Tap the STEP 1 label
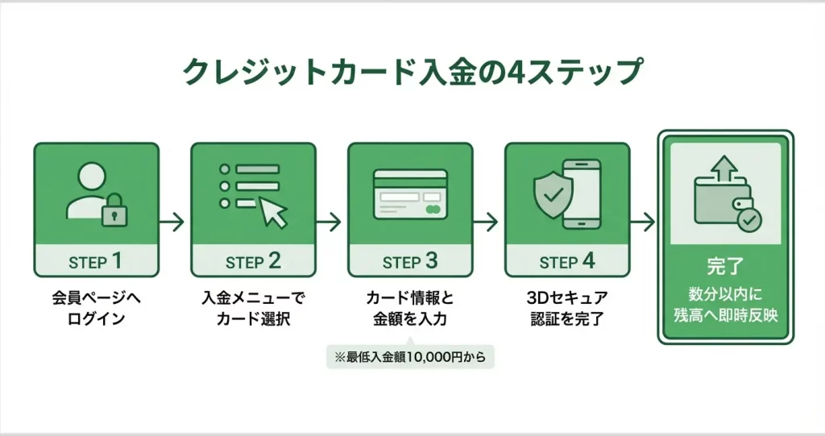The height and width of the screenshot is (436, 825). pyautogui.click(x=95, y=261)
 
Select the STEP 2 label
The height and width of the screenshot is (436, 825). pyautogui.click(x=253, y=261)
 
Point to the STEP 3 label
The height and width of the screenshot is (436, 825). pyautogui.click(x=410, y=261)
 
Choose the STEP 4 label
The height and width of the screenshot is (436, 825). pyautogui.click(x=567, y=261)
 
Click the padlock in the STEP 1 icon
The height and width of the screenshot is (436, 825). pyautogui.click(x=114, y=210)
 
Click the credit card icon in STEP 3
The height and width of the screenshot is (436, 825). pyautogui.click(x=410, y=193)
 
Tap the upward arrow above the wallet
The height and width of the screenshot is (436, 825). pyautogui.click(x=724, y=168)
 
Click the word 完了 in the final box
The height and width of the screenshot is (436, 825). pyautogui.click(x=725, y=267)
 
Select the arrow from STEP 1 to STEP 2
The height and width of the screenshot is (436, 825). pyautogui.click(x=172, y=222)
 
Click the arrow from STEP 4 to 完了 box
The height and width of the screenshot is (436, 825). pyautogui.click(x=642, y=222)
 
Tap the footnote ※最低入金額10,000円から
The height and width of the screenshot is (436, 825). pyautogui.click(x=410, y=357)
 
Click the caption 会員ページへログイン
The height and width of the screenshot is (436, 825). pyautogui.click(x=97, y=309)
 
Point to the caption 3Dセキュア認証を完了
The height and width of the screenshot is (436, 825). pyautogui.click(x=567, y=309)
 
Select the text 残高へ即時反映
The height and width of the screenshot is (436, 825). pyautogui.click(x=726, y=315)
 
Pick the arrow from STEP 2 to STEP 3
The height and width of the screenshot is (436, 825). pyautogui.click(x=329, y=222)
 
